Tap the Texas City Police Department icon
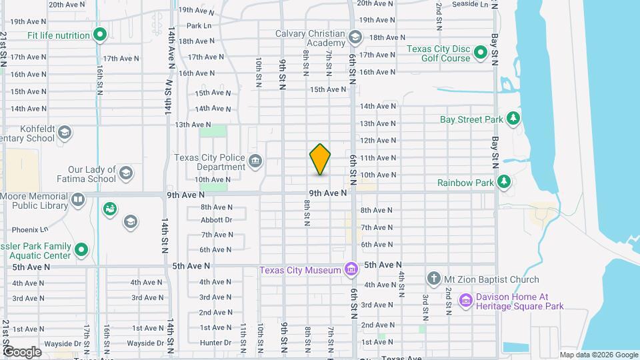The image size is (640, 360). [255, 161]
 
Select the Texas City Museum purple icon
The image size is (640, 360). [350, 269]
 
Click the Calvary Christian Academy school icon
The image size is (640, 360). [355, 37]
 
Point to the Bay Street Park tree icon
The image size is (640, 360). [513, 119]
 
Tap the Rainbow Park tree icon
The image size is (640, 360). [504, 181]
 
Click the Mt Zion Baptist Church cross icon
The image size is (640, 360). [434, 278]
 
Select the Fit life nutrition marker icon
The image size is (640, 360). [100, 34]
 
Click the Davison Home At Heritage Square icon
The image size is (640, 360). [465, 301]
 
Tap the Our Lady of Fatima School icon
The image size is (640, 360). [125, 175]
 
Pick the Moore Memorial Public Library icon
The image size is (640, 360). [78, 200]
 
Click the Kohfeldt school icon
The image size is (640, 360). [65, 133]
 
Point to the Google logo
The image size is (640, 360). [21, 351]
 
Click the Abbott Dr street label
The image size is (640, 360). [216, 219]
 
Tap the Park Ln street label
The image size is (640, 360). [199, 26]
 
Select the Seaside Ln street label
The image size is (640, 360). [470, 4]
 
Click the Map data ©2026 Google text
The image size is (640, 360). [598, 355]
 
